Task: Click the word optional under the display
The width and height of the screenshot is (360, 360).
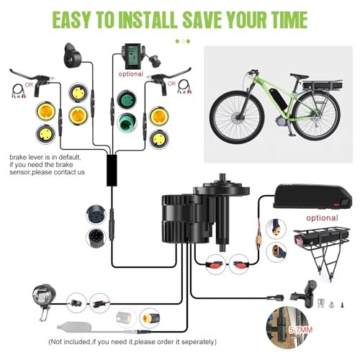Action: tap(130, 73)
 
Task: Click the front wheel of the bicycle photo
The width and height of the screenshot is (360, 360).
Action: tap(230, 117)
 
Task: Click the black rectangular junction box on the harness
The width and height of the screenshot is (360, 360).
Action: tap(112, 168)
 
